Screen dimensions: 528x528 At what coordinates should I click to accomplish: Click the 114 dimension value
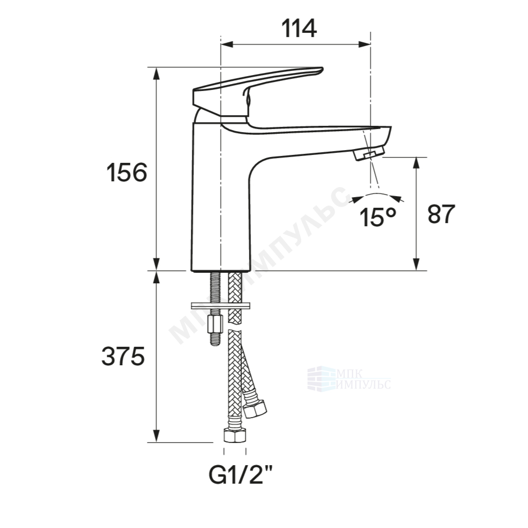point(299,29)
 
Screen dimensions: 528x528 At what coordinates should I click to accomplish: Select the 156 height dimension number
point(127,172)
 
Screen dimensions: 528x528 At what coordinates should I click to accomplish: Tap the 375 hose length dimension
point(123,356)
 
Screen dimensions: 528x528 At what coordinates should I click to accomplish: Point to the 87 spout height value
point(441,214)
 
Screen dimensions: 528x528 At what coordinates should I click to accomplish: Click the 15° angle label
point(377,217)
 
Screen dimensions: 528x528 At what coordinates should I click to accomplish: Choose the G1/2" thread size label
point(240,475)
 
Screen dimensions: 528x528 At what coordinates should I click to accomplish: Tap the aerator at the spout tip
point(369,153)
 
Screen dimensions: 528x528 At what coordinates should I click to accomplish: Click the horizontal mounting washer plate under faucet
point(220,306)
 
